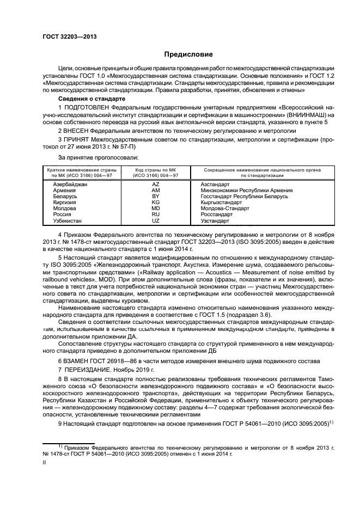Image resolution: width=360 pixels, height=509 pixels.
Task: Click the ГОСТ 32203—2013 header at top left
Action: (x=65, y=36)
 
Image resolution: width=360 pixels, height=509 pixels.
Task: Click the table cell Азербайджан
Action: (x=70, y=185)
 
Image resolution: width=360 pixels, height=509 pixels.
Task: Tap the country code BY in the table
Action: (x=155, y=197)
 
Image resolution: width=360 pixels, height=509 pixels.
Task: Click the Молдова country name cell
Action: (x=64, y=208)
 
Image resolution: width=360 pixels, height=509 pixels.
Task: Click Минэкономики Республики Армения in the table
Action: (x=246, y=191)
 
